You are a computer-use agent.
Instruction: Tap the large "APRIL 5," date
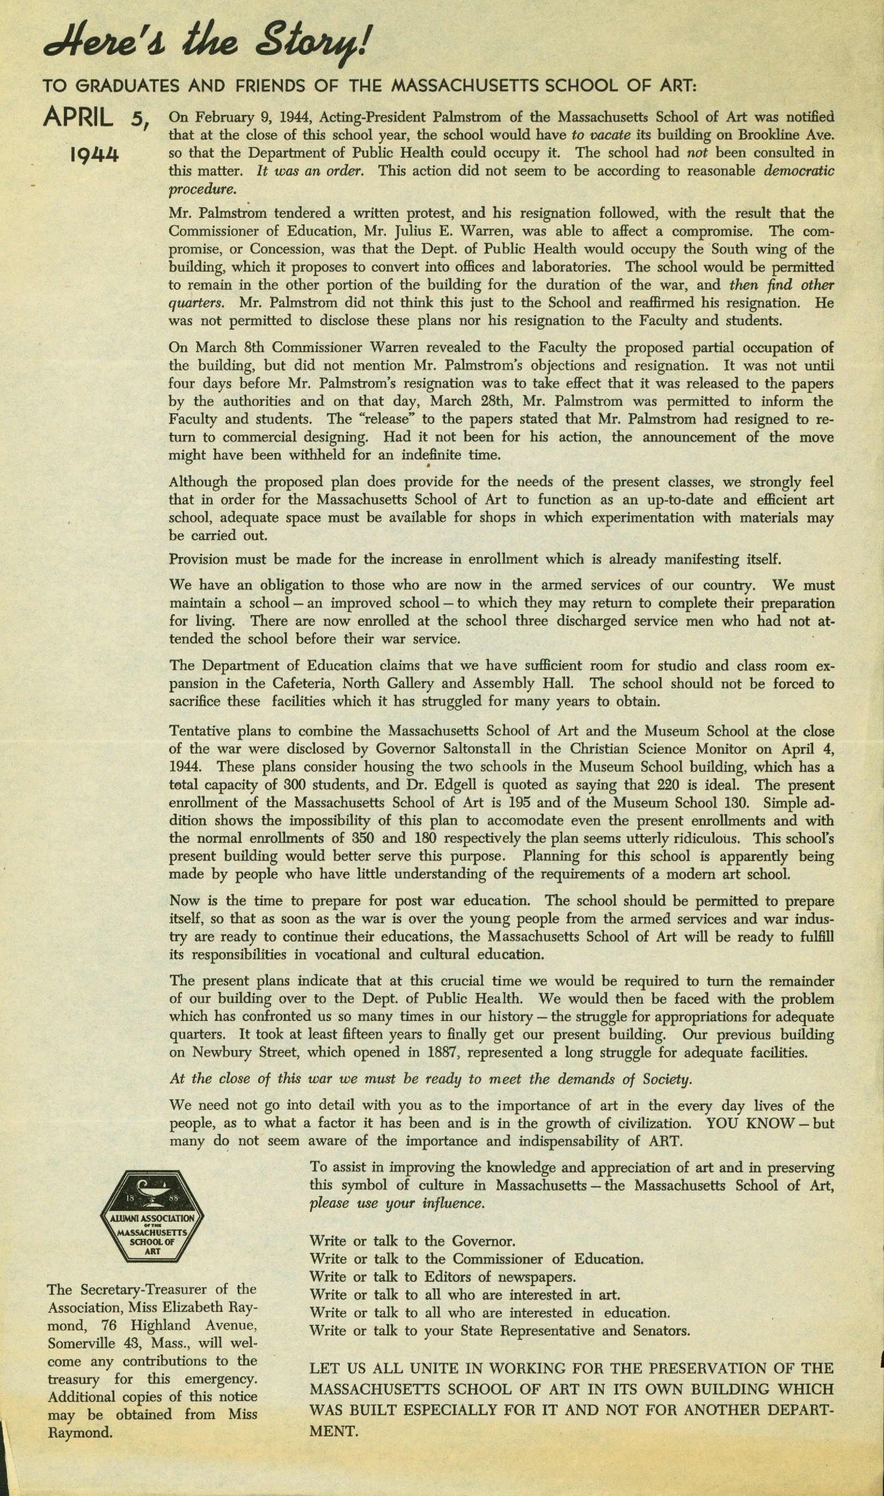coord(96,119)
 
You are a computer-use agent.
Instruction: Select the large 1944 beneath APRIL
coord(94,156)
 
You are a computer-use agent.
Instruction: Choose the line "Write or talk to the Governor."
coord(412,1242)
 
